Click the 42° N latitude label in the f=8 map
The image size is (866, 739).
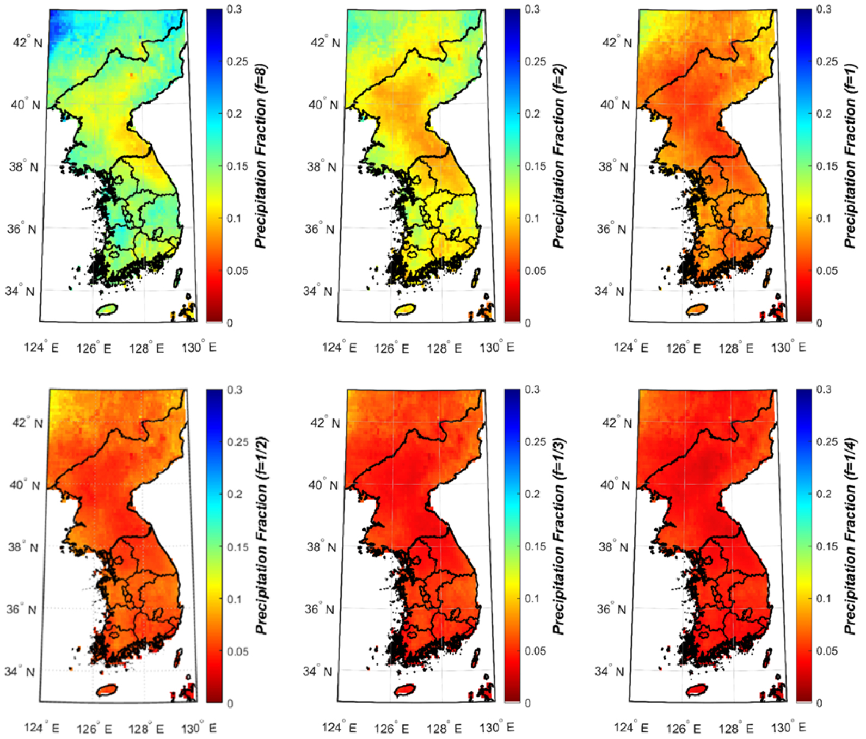27,42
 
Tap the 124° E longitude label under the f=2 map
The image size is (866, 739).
339,347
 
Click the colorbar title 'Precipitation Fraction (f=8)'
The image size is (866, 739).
261,157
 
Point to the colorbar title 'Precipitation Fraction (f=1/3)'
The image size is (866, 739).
558,536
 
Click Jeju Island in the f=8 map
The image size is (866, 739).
107,310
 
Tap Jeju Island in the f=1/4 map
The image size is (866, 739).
697,690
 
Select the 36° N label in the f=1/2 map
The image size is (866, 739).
22,609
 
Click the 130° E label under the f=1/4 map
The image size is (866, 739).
788,728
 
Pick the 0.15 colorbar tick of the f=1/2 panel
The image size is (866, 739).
238,547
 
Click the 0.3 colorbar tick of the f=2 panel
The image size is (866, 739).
532,9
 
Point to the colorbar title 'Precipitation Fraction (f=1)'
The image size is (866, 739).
850,157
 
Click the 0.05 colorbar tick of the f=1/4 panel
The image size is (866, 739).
826,651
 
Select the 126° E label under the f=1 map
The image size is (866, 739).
683,347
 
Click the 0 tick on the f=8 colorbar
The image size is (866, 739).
230,323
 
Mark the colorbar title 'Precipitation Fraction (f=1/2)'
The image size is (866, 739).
261,536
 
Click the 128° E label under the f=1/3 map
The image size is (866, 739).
444,728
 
